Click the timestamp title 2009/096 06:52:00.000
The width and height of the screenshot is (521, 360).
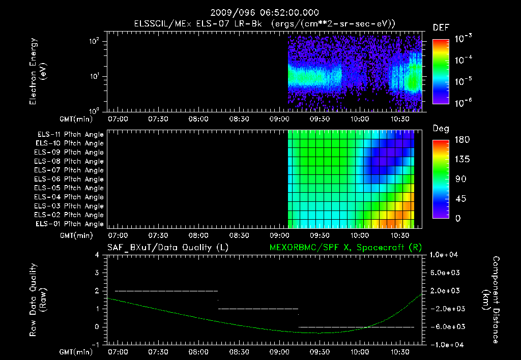point(260,13)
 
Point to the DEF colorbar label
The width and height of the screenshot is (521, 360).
point(441,27)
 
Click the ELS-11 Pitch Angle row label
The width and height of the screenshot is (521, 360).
point(70,134)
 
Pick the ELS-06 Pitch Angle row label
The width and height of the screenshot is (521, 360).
point(70,179)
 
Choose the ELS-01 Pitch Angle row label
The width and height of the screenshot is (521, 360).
point(70,224)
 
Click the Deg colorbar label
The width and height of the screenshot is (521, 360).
point(441,129)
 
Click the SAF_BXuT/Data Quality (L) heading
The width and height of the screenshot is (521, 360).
point(167,247)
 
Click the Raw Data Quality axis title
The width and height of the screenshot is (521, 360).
point(38,299)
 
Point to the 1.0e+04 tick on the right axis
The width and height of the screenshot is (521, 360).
point(445,255)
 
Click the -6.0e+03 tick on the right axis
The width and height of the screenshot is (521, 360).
point(445,326)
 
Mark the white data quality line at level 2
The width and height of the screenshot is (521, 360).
point(166,291)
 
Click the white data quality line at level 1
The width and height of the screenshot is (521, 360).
point(258,309)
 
